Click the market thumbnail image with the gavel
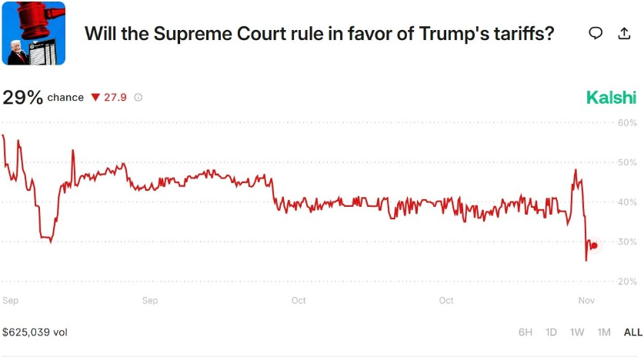point(33,33)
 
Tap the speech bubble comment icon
point(595,33)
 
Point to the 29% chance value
point(23,98)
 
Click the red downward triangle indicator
point(95,98)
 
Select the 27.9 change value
point(115,98)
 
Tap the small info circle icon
point(138,98)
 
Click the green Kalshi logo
point(611,98)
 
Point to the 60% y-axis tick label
point(627,123)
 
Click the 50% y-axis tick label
point(627,163)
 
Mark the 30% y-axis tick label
point(627,242)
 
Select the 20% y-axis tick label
point(627,282)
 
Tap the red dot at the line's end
point(594,245)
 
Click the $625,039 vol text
point(35,332)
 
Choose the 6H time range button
point(526,332)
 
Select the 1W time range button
point(577,332)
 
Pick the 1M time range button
point(604,332)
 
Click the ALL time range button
point(632,332)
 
